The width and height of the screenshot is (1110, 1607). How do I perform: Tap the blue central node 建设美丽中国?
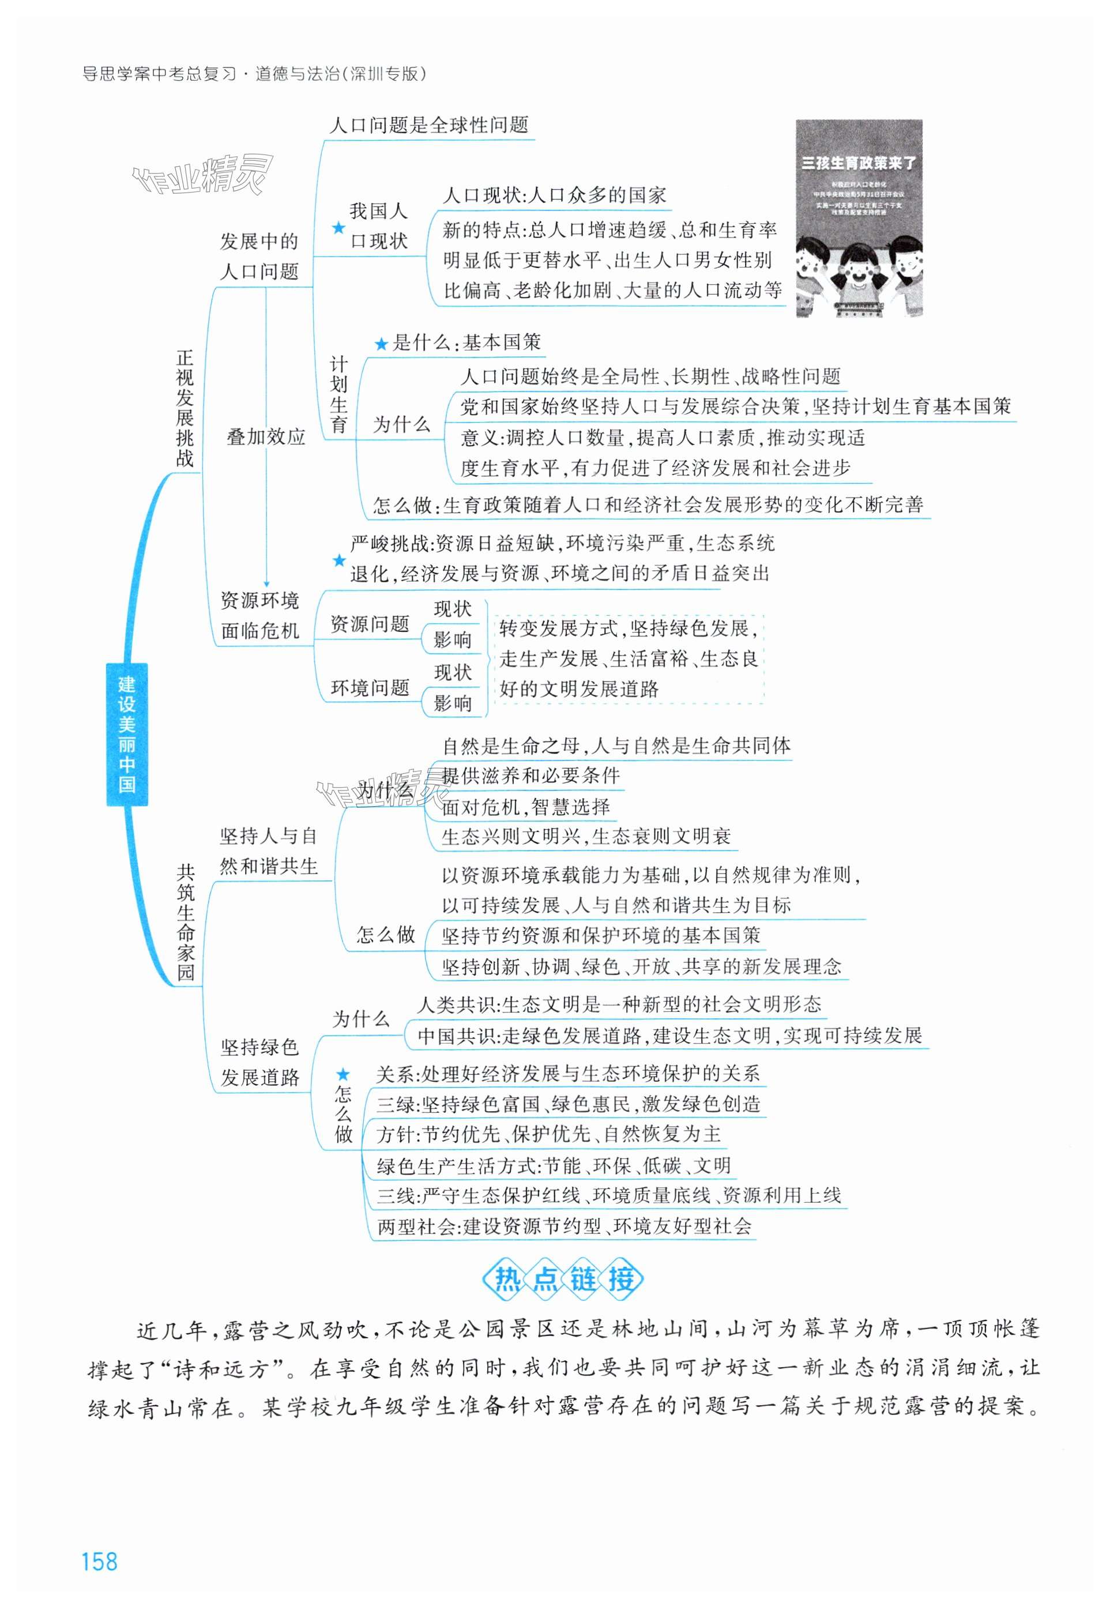coord(127,735)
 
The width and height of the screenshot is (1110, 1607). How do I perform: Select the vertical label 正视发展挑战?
coord(185,408)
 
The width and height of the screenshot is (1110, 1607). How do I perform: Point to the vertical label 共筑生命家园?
coord(185,921)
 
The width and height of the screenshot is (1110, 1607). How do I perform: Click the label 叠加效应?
coord(266,436)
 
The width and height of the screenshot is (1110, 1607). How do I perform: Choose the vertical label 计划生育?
coord(338,395)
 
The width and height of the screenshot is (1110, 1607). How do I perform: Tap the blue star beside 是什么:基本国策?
coord(381,344)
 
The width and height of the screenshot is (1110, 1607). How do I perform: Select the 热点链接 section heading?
coord(563,1278)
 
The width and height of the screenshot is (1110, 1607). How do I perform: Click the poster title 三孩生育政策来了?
coord(859,163)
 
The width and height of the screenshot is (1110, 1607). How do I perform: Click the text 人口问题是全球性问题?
coord(428,125)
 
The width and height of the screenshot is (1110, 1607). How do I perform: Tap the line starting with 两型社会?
coord(564,1226)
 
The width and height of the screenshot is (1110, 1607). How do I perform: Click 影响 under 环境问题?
coord(453,703)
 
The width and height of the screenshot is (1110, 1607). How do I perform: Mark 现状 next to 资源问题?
coord(453,609)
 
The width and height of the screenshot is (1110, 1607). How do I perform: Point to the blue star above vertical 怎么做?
coord(344,1074)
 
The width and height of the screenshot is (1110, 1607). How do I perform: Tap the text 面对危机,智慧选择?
coord(526,807)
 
